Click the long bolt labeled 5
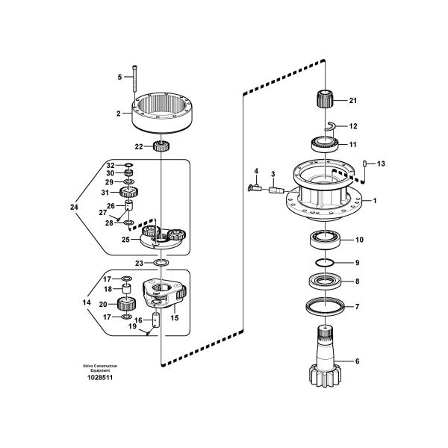point(134,82)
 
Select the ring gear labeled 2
point(162,113)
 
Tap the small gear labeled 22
point(161,146)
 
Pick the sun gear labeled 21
point(325,99)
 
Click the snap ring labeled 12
point(330,126)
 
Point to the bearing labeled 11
point(325,144)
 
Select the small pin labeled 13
point(365,164)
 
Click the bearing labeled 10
point(326,240)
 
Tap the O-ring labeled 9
point(325,262)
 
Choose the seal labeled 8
point(325,281)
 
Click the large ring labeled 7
point(325,307)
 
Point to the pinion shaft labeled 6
point(325,356)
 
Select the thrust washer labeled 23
point(161,262)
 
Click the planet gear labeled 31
point(129,192)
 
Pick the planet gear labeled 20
point(127,304)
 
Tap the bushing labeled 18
point(127,288)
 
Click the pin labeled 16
point(156,320)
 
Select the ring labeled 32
point(129,165)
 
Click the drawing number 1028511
point(100,377)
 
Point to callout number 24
point(74,207)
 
